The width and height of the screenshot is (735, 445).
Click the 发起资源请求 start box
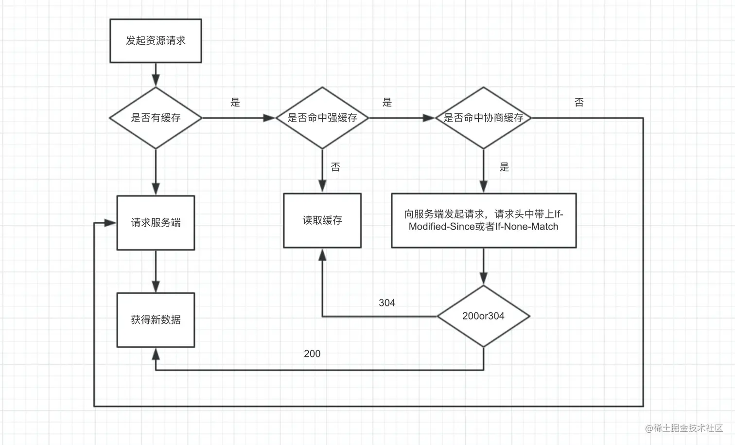click(x=156, y=41)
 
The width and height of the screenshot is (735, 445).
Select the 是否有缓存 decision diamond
click(x=156, y=118)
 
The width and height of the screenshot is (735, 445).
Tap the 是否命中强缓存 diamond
click(x=322, y=118)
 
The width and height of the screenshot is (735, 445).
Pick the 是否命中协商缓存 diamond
click(x=483, y=118)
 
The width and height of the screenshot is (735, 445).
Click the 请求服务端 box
click(x=156, y=223)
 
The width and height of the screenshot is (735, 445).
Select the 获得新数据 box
click(x=156, y=320)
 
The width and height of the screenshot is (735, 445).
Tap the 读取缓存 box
click(x=322, y=220)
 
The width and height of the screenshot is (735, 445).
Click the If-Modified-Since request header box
click(x=483, y=220)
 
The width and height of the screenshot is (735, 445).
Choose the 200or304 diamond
click(x=483, y=316)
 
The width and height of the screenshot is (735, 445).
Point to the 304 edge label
click(x=387, y=303)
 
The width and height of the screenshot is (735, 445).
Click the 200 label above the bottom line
click(x=312, y=354)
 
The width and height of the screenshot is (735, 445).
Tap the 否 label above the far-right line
click(x=579, y=103)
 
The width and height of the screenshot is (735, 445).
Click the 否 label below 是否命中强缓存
click(x=335, y=167)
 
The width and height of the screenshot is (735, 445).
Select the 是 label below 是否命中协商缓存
click(x=505, y=167)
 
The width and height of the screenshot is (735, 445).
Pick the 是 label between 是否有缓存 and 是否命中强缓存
click(x=235, y=103)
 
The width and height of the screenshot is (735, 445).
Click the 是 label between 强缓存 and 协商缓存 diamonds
click(x=387, y=103)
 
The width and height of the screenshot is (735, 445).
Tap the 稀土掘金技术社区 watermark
click(x=684, y=428)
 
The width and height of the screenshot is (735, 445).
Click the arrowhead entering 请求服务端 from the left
click(x=111, y=223)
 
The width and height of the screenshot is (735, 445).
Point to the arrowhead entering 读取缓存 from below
click(x=322, y=255)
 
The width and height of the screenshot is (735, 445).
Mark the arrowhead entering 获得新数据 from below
click(x=156, y=354)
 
